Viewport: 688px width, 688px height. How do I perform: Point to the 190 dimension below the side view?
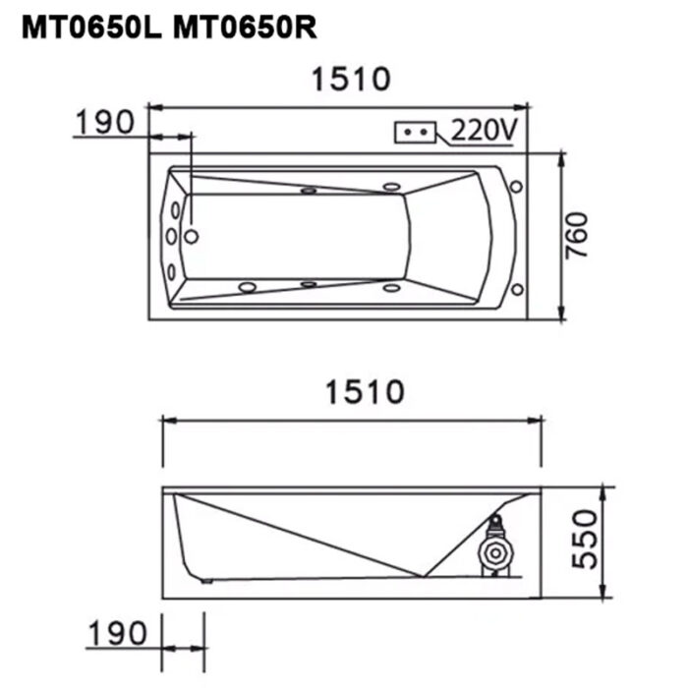pyautogui.click(x=117, y=631)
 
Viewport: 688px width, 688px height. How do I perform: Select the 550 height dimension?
pyautogui.click(x=584, y=538)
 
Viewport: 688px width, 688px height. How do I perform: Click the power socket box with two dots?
pyautogui.click(x=416, y=132)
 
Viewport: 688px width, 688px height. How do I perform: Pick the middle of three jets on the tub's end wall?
pyautogui.click(x=172, y=236)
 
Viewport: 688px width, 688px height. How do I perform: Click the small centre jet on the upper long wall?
pyautogui.click(x=309, y=192)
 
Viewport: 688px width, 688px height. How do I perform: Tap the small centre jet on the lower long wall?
pyautogui.click(x=309, y=285)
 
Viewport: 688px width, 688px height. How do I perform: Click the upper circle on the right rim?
pyautogui.click(x=516, y=185)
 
